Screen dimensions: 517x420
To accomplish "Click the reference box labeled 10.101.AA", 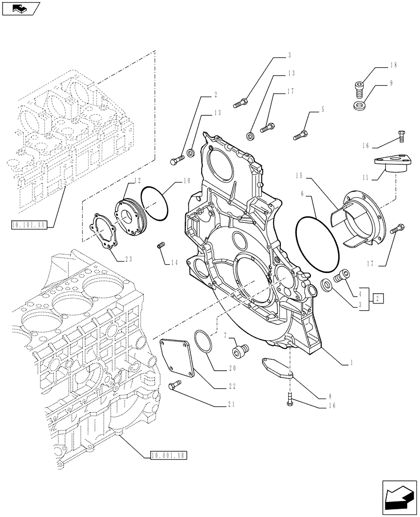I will pos(28,224).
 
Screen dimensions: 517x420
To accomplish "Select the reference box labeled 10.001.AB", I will pos(168,455).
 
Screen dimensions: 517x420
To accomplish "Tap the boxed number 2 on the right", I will pos(379,298).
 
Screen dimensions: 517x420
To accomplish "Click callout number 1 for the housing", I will pos(351,363).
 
